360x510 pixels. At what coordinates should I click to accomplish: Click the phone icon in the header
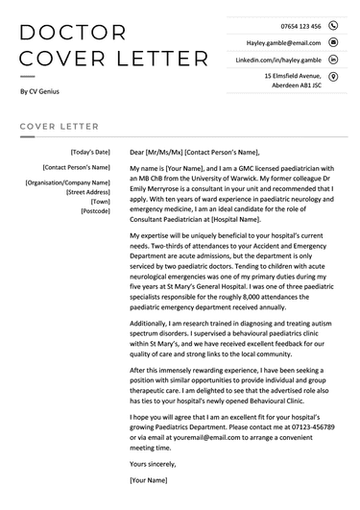pos(333,26)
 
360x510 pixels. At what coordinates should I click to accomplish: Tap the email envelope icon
pos(333,42)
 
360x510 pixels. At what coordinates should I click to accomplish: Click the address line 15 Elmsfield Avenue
pos(292,75)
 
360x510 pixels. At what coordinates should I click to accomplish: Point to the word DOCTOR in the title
pos(72,34)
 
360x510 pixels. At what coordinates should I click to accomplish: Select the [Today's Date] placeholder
pos(90,152)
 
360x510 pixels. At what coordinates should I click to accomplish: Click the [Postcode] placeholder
pos(95,210)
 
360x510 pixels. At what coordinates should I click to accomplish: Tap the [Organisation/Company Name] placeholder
pos(67,182)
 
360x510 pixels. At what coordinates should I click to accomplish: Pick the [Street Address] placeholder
pos(87,191)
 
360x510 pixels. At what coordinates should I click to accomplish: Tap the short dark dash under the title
pos(27,76)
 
